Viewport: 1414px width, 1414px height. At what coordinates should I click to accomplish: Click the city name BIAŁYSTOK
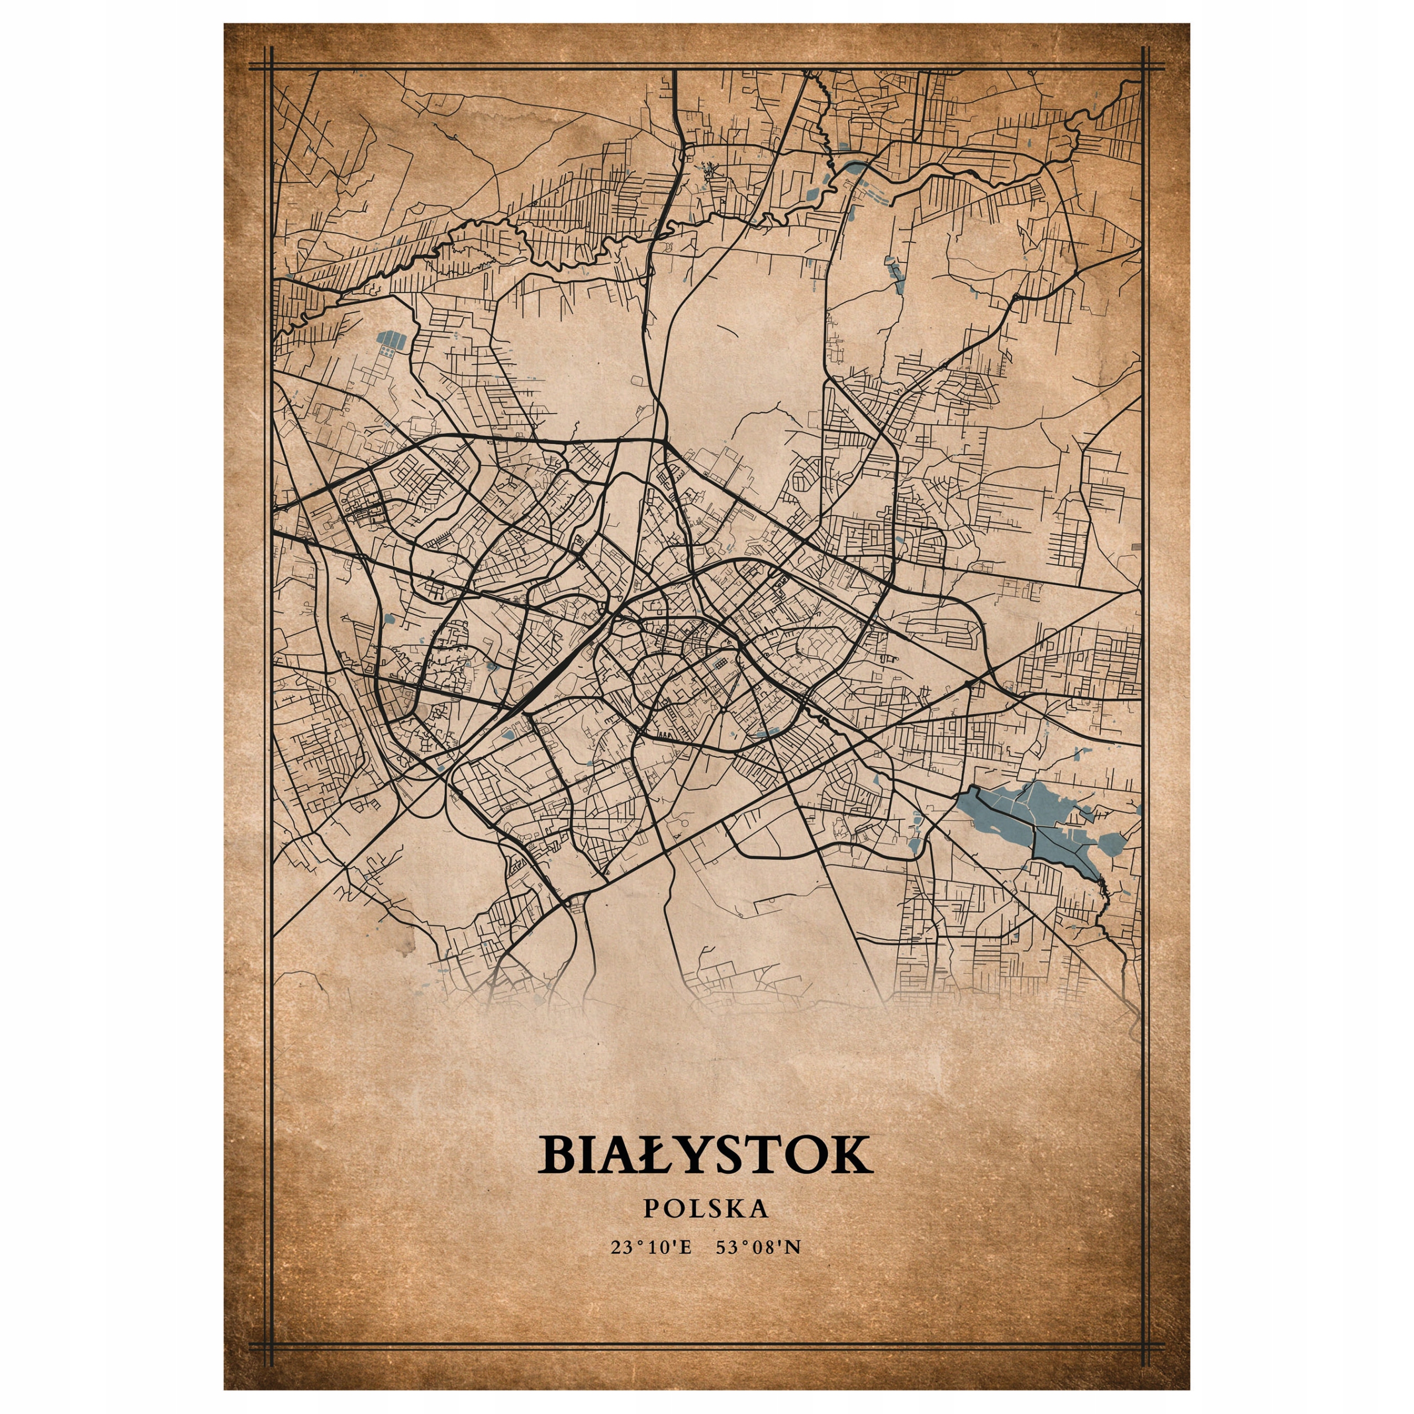pyautogui.click(x=706, y=1155)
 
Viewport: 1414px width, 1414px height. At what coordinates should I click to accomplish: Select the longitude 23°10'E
pyautogui.click(x=651, y=1247)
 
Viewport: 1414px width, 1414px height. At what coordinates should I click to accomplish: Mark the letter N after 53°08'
pyautogui.click(x=794, y=1247)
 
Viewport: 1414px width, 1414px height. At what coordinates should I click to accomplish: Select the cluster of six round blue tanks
pyautogui.click(x=387, y=353)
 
